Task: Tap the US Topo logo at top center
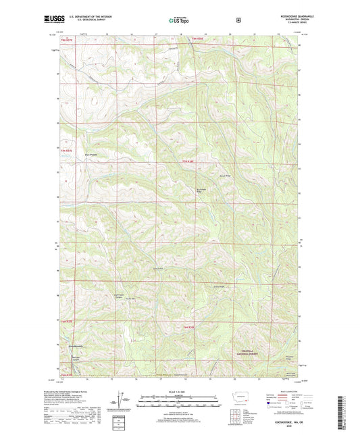[x=179, y=21]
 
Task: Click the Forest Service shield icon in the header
[x=238, y=20]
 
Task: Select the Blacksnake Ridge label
[x=201, y=190]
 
